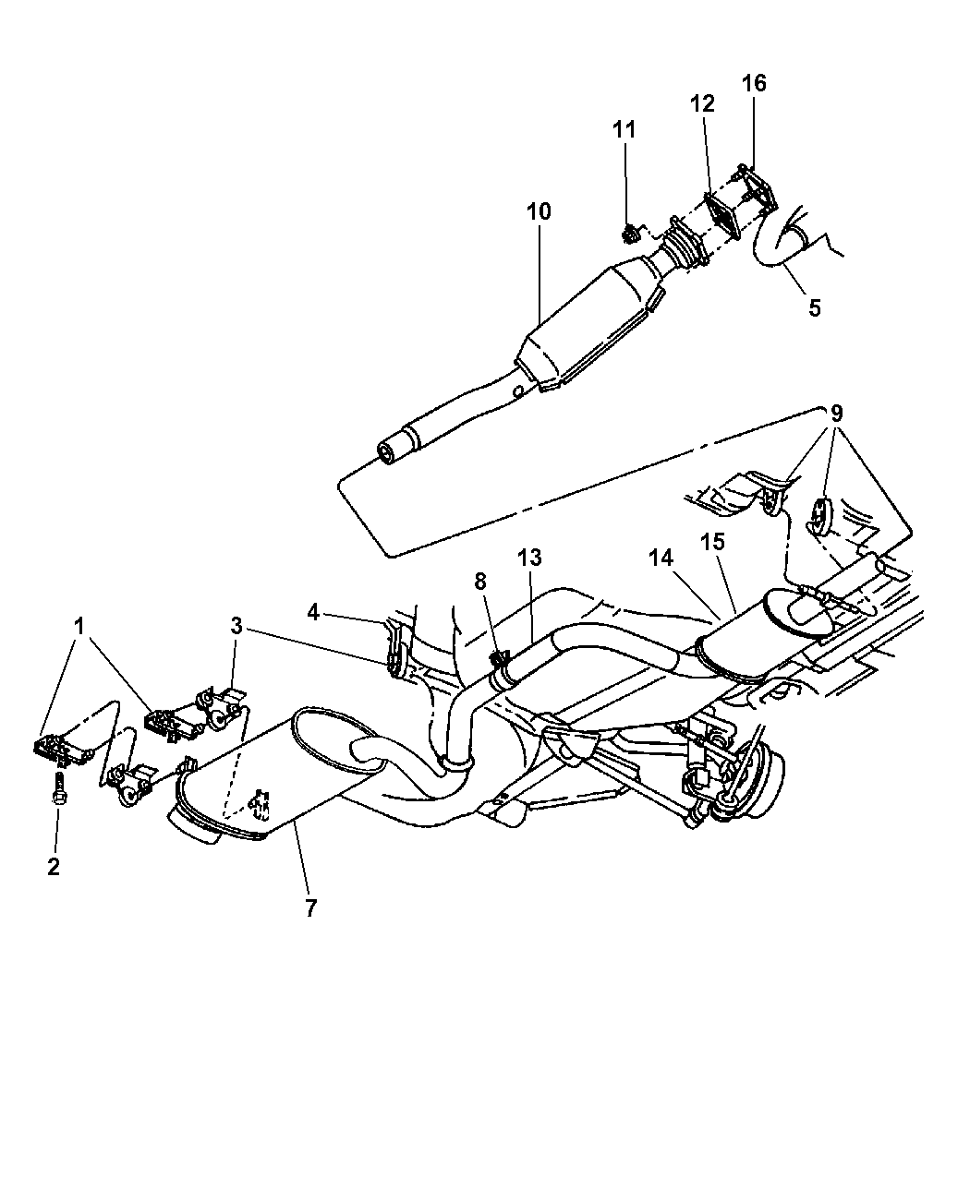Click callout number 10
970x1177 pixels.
coord(539,212)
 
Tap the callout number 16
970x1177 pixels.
coord(754,83)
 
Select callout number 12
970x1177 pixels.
coord(702,103)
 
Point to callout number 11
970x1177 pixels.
coord(624,129)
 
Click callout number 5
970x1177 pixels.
coord(814,307)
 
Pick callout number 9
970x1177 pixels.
coord(837,414)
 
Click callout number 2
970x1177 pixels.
coord(54,867)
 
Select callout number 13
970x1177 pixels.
coord(529,558)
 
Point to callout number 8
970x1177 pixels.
coord(480,582)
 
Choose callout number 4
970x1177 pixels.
coord(313,612)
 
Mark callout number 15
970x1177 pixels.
coord(712,542)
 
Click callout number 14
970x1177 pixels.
coord(661,558)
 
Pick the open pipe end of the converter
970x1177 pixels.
coord(388,453)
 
